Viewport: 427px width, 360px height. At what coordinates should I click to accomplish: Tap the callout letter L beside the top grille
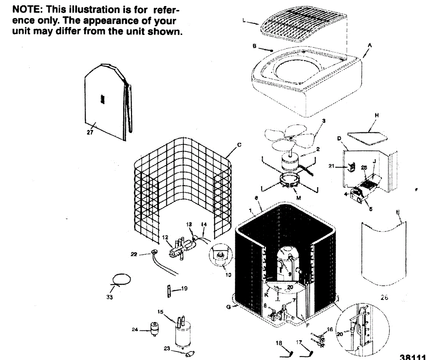coord(244,21)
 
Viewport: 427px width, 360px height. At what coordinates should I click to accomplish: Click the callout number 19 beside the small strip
coord(184,288)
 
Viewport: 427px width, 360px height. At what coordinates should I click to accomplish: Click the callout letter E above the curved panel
coord(398,212)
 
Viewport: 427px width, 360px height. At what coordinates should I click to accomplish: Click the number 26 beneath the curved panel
coord(384,298)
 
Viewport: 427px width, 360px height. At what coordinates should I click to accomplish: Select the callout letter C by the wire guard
coord(239,145)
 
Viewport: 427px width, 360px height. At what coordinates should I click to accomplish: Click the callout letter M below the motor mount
coord(298,198)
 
